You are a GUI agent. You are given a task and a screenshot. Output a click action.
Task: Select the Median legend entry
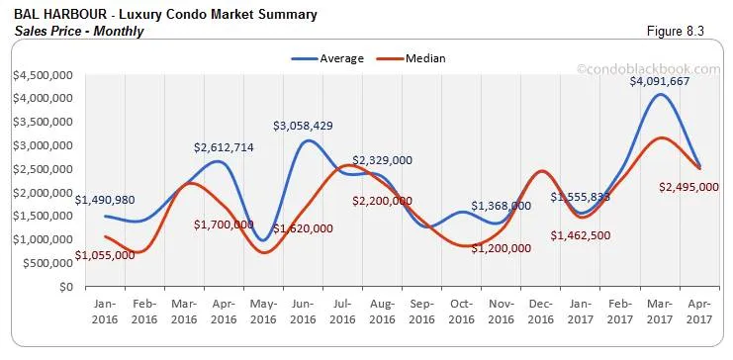click(424, 58)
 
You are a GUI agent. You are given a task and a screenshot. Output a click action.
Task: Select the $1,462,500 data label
click(582, 237)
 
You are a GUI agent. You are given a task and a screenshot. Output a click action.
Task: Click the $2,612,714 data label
click(225, 148)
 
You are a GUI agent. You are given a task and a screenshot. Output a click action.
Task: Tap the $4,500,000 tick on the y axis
click(42, 74)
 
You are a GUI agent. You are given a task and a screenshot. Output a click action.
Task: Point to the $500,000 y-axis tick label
click(46, 263)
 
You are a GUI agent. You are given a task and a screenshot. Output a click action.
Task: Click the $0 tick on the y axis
click(65, 287)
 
